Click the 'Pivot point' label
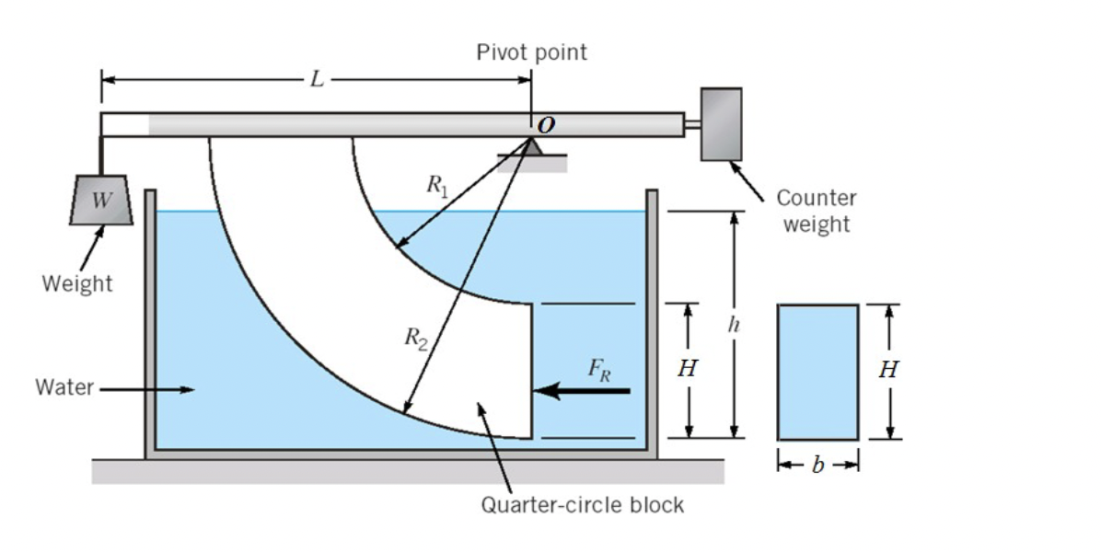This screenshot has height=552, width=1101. click(531, 52)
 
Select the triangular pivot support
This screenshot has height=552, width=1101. click(532, 147)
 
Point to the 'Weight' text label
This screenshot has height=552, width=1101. click(77, 283)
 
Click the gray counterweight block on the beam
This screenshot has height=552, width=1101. click(721, 124)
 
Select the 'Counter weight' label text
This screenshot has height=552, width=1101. click(816, 211)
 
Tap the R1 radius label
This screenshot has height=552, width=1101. click(436, 184)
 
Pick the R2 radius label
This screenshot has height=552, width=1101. click(416, 339)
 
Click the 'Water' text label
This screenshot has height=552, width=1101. click(64, 387)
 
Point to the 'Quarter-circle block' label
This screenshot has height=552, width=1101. click(583, 504)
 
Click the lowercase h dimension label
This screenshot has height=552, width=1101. click(733, 325)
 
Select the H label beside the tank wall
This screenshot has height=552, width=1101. click(687, 370)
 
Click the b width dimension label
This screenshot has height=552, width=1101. click(818, 465)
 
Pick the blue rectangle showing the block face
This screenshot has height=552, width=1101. click(818, 372)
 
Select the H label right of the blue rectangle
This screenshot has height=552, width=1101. click(888, 370)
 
